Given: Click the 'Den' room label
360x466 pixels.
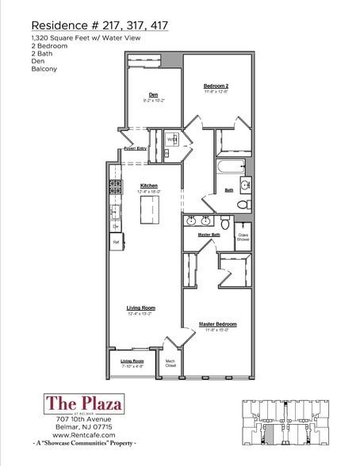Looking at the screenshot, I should click(152, 95).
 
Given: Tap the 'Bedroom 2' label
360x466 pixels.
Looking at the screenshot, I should click(216, 86).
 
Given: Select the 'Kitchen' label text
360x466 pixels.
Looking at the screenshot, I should click(148, 185).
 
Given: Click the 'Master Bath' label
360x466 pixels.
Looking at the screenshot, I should click(209, 235).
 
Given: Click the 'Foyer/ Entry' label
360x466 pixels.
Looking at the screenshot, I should click(136, 148).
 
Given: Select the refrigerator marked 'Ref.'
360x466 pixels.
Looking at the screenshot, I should click(116, 242).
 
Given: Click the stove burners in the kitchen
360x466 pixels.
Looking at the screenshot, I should click(116, 187).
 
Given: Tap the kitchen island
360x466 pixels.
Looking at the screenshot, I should click(149, 210).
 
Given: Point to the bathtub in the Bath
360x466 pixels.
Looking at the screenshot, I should click(232, 167).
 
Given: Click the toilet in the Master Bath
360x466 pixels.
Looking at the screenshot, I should click(225, 224).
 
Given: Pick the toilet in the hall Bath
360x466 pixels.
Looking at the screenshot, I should click(244, 204).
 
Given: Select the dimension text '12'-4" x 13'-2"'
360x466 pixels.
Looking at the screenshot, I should click(140, 314).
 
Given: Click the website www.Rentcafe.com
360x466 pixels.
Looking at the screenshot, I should click(85, 434).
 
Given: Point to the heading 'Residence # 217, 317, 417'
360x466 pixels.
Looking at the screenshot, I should click(99, 25).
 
